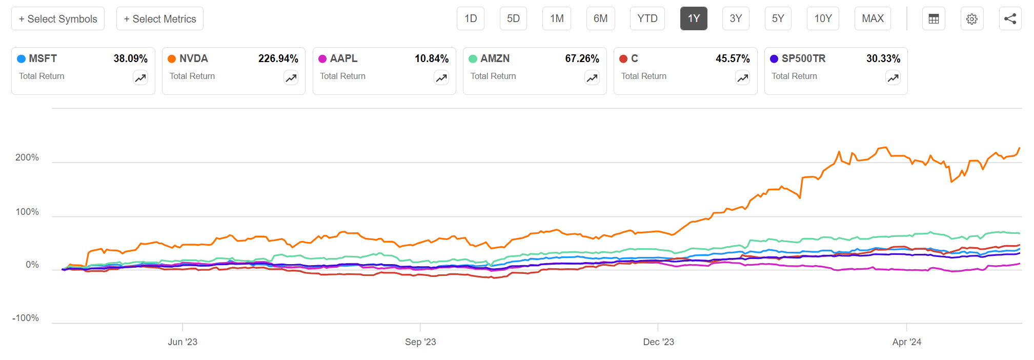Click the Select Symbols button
(x=58, y=19)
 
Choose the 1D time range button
(x=471, y=19)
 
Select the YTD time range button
(x=647, y=19)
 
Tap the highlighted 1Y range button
(x=694, y=19)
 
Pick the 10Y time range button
(x=823, y=19)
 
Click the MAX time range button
(x=873, y=19)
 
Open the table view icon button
(x=934, y=19)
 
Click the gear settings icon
(x=971, y=19)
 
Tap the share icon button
(x=1010, y=19)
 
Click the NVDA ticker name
(x=194, y=58)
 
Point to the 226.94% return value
(x=278, y=58)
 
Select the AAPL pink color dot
(x=322, y=59)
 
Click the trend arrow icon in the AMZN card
(x=592, y=78)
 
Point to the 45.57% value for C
(x=733, y=58)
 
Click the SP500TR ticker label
(x=803, y=58)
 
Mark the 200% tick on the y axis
(x=27, y=157)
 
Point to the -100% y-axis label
(x=26, y=318)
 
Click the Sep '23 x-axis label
(x=420, y=342)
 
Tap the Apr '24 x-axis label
(x=906, y=342)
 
